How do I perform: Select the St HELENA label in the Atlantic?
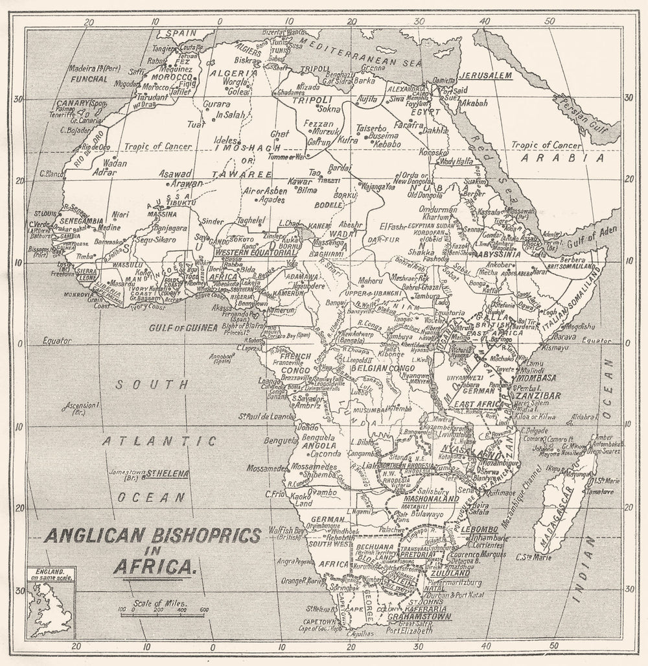click(x=167, y=473)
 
